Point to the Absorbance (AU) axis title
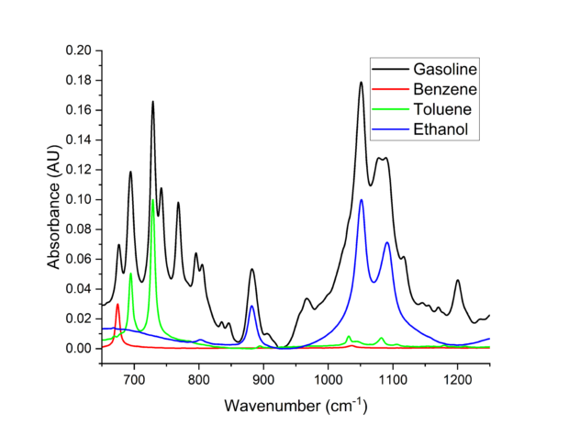click(x=55, y=199)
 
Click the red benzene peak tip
click(x=117, y=304)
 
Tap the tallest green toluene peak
click(x=152, y=200)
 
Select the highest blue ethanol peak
click(x=362, y=200)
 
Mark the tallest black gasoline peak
click(x=362, y=83)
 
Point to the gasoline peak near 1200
click(x=458, y=281)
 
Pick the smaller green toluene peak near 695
click(x=130, y=274)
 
